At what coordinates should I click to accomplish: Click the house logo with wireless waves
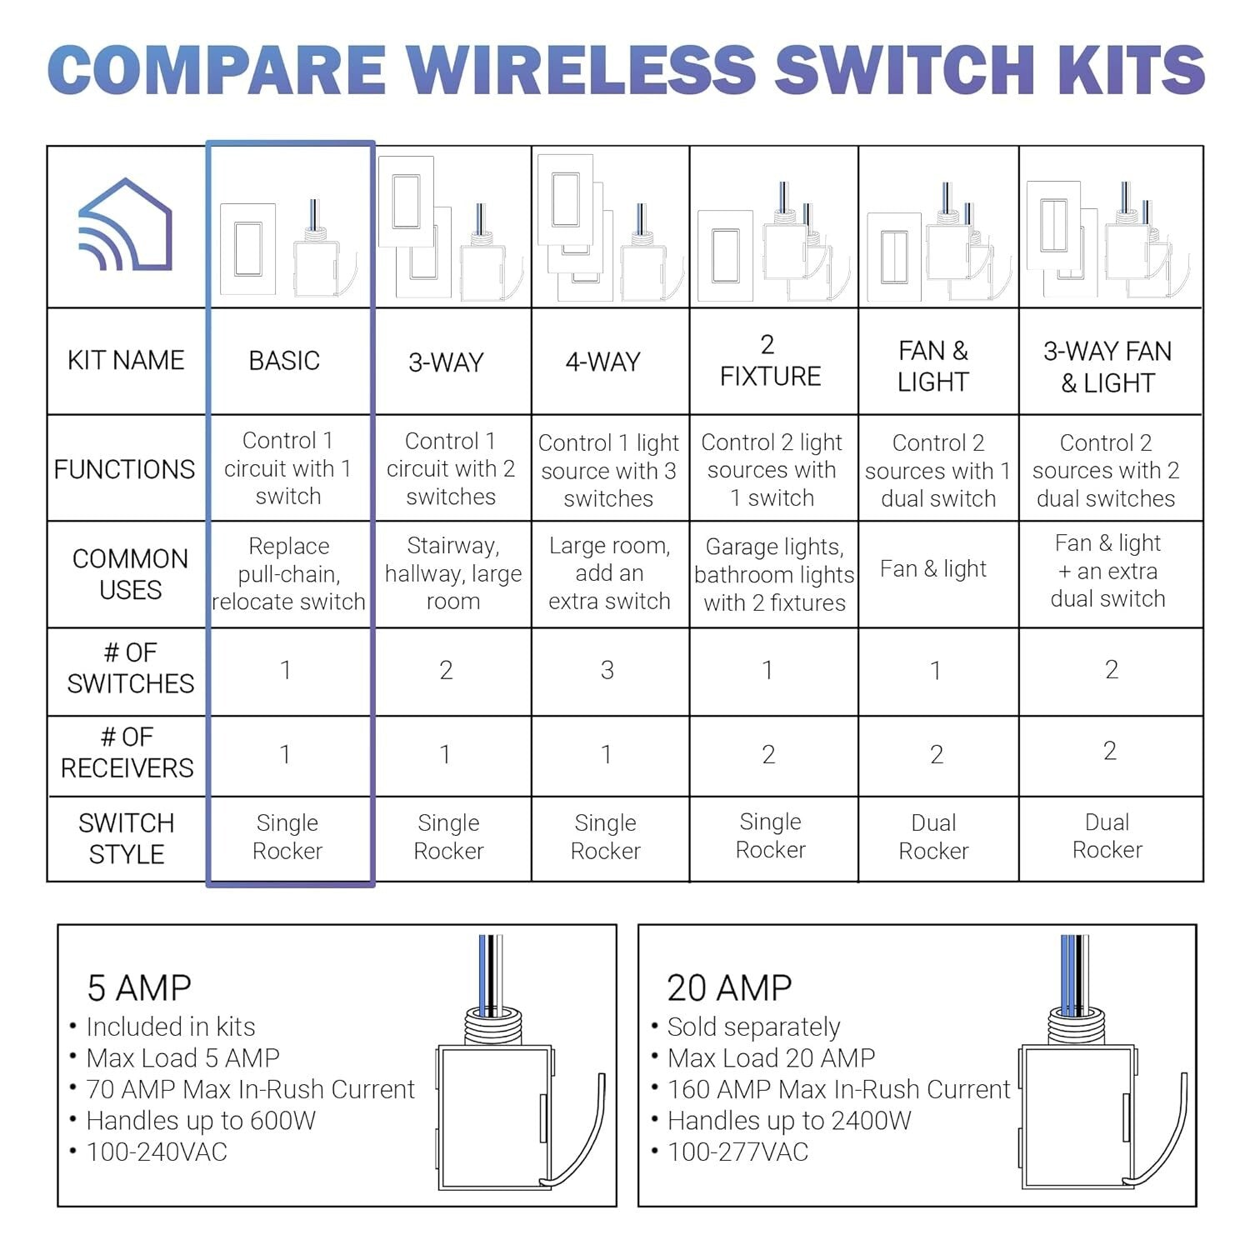[125, 225]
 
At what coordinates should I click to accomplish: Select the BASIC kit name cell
[284, 361]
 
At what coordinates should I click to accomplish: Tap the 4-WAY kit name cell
[603, 362]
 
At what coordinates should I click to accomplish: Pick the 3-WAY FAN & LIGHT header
[1107, 367]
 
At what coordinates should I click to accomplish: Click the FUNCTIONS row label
[125, 469]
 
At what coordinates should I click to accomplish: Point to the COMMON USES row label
[130, 574]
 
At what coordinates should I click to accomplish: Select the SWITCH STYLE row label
[127, 838]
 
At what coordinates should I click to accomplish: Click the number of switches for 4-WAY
[607, 670]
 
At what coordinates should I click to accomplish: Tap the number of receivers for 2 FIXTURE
[768, 754]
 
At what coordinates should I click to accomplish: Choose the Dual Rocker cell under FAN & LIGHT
[933, 837]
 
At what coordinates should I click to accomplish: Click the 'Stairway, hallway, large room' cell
[452, 573]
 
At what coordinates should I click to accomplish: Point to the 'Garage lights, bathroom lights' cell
[774, 574]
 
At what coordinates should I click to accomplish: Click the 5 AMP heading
[139, 988]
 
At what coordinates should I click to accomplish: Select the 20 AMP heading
[729, 988]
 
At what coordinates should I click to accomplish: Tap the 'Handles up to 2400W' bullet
[789, 1121]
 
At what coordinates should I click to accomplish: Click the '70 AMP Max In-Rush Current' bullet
[250, 1089]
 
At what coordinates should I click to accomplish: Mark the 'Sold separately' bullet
[753, 1027]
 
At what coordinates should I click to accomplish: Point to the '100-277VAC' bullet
[737, 1152]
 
